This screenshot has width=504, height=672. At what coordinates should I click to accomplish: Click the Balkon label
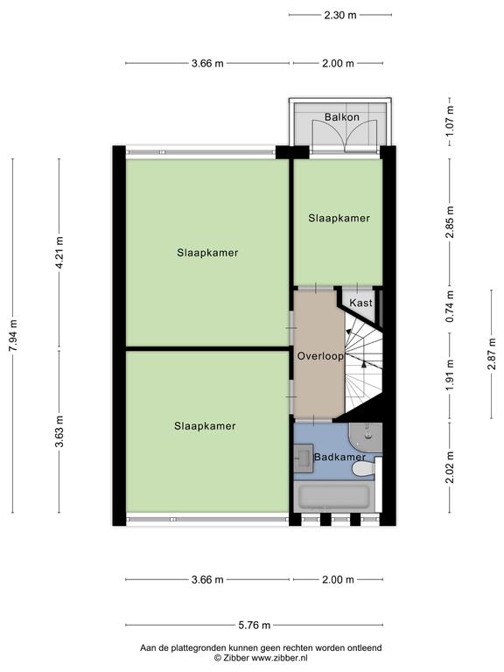coord(341,116)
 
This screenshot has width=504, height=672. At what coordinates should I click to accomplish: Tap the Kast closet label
coord(360,303)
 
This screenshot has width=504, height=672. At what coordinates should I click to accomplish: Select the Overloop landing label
coord(320,356)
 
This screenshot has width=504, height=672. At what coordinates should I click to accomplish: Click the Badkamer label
coord(339,457)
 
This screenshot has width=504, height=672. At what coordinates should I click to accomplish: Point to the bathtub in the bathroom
coord(334,496)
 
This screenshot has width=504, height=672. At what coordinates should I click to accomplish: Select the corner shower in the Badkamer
coord(365,437)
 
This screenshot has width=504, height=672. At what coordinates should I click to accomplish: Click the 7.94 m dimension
coord(13,336)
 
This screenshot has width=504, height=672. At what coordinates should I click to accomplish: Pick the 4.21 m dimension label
coord(59,252)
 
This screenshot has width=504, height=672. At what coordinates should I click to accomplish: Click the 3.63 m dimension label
coord(59,431)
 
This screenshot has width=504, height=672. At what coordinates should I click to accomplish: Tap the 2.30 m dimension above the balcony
coord(340,16)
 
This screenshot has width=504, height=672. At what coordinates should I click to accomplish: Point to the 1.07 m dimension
coord(450,121)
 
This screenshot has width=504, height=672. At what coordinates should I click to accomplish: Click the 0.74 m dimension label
coord(450,306)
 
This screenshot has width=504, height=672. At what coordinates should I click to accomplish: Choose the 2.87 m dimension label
coord(492,353)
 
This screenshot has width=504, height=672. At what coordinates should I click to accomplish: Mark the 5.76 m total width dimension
coord(254,626)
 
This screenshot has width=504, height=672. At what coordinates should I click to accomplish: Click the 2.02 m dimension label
coord(450,467)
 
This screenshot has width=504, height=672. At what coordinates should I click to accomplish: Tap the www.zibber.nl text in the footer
coord(279,658)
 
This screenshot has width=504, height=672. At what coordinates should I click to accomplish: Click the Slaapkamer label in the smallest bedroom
coord(339,218)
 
